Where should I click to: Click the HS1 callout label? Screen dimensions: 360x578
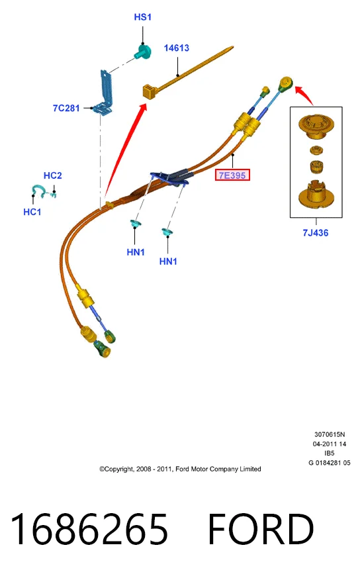tap(142, 17)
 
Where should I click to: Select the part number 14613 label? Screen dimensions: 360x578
tap(177, 48)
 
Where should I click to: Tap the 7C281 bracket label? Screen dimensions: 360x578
tap(66, 108)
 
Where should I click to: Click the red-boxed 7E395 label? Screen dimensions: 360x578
tap(232, 175)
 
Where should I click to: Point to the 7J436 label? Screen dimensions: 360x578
tap(316, 233)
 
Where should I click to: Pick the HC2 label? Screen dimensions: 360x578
tap(53, 175)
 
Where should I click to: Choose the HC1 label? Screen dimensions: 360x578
tap(32, 212)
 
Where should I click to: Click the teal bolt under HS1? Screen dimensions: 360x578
tap(142, 52)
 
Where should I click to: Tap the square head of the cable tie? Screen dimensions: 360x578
tap(150, 91)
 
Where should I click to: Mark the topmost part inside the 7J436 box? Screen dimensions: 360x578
tap(316, 127)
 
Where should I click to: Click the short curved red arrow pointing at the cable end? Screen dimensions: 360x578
tap(306, 94)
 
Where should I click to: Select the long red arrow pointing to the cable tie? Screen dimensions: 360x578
tap(124, 150)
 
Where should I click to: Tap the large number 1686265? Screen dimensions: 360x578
tap(89, 529)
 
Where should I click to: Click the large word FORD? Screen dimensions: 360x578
tap(261, 529)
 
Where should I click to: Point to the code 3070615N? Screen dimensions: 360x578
tap(330, 434)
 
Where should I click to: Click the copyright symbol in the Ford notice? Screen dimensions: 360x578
tap(102, 469)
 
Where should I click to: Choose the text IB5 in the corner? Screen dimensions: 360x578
tap(330, 453)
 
